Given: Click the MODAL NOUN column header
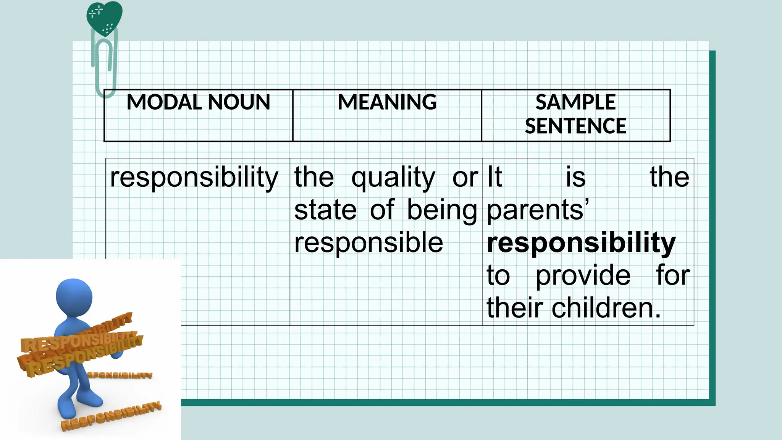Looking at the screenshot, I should click(198, 102).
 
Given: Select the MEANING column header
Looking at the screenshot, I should click(387, 102).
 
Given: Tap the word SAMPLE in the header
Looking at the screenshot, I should click(575, 102).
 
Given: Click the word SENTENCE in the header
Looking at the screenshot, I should click(575, 126).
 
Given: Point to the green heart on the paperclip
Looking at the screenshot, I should click(104, 17).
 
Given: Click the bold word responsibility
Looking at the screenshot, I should click(581, 243).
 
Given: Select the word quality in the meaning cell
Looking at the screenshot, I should click(393, 178).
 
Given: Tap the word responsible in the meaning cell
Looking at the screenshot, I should click(368, 243).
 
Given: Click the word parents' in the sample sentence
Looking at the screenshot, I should click(538, 211).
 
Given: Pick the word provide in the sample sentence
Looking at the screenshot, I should click(583, 275).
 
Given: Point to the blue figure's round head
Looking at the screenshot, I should click(74, 297).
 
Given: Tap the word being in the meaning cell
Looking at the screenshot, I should click(442, 211).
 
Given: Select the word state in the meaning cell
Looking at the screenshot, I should click(325, 210).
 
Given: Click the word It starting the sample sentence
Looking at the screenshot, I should click(494, 177).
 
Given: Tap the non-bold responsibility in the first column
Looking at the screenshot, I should click(194, 178).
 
